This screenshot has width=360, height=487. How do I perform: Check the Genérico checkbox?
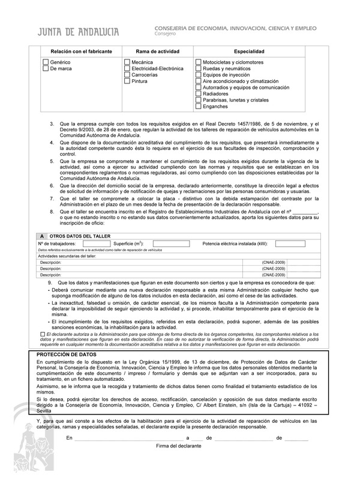(x=45, y=62)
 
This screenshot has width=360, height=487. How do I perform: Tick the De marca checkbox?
(x=45, y=69)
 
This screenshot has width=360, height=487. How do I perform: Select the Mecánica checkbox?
(x=127, y=62)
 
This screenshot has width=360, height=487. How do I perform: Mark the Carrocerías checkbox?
(x=127, y=75)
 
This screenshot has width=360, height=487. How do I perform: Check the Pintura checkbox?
(x=127, y=81)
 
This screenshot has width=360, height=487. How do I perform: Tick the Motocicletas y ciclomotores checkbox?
(x=199, y=62)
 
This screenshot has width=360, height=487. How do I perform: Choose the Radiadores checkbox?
(x=199, y=94)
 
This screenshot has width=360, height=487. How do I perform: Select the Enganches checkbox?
(x=199, y=107)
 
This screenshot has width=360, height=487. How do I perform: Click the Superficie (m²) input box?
(x=171, y=244)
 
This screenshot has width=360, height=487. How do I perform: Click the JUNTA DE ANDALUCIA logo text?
(x=78, y=32)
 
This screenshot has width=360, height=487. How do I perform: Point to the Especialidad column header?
(x=249, y=52)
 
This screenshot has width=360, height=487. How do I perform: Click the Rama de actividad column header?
(x=158, y=52)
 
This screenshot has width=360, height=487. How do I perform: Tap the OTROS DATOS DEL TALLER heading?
(x=76, y=236)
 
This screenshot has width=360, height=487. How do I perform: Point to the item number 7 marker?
(x=52, y=199)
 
